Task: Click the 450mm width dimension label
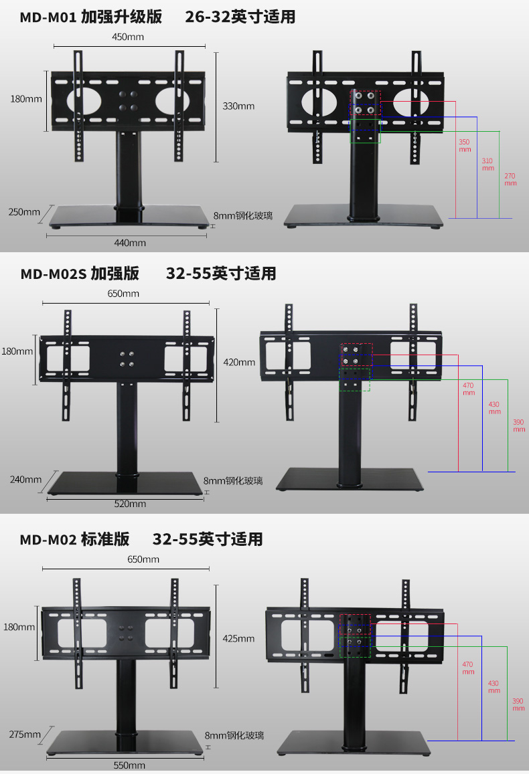(127, 37)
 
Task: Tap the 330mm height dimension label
(238, 106)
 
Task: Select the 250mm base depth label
(24, 212)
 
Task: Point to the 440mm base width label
(129, 243)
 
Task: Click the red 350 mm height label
(464, 146)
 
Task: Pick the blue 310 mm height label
(487, 164)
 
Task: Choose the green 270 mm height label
(510, 179)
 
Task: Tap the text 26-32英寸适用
(240, 17)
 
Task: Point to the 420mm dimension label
(239, 362)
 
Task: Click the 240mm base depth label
(25, 479)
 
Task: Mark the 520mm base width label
(129, 504)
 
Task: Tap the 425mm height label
(238, 638)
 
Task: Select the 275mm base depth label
(25, 734)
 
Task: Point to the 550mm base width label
(129, 765)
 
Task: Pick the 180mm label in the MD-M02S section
(17, 351)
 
